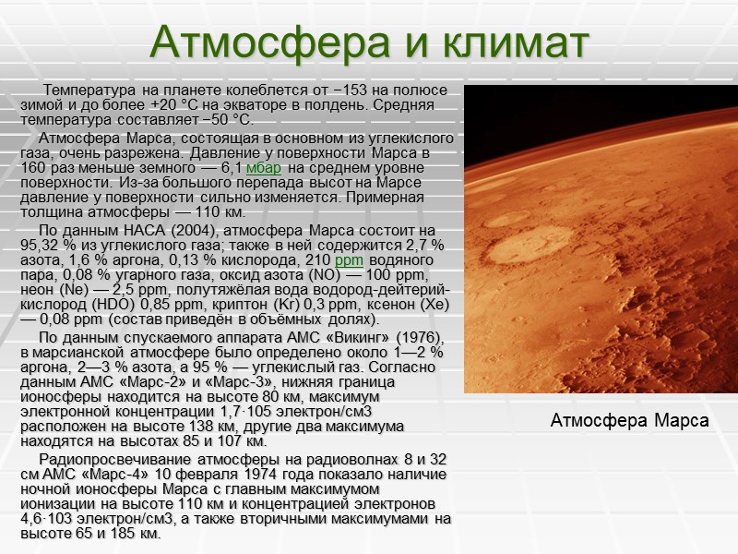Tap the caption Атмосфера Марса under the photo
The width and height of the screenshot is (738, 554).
629,421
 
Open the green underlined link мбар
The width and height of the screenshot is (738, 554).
264,167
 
